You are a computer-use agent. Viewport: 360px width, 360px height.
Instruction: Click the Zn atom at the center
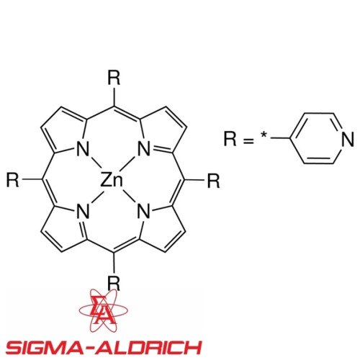[112, 180]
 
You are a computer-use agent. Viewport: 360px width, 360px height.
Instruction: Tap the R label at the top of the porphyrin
[114, 78]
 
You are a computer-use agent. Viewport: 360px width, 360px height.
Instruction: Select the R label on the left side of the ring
[12, 180]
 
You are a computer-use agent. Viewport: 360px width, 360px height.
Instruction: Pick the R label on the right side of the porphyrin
[213, 181]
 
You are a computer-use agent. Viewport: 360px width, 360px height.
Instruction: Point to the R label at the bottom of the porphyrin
[114, 283]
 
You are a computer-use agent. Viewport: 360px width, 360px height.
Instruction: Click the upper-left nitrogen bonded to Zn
[82, 149]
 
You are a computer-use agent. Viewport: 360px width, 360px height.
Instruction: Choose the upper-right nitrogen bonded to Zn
[144, 149]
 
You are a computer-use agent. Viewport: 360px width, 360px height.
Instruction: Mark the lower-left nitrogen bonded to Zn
[83, 211]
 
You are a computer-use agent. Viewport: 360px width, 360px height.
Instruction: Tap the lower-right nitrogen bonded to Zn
[144, 211]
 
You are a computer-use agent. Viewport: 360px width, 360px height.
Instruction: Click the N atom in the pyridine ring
[348, 139]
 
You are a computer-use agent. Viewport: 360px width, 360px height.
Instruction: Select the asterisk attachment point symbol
[264, 135]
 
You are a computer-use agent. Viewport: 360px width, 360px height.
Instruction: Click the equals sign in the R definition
[248, 141]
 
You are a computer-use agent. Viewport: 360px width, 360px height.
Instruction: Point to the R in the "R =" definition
[230, 138]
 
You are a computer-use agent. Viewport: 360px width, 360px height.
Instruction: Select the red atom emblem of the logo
[104, 310]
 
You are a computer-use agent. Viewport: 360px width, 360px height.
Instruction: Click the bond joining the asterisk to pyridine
[281, 138]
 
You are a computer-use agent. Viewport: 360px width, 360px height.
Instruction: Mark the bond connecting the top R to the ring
[114, 97]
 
